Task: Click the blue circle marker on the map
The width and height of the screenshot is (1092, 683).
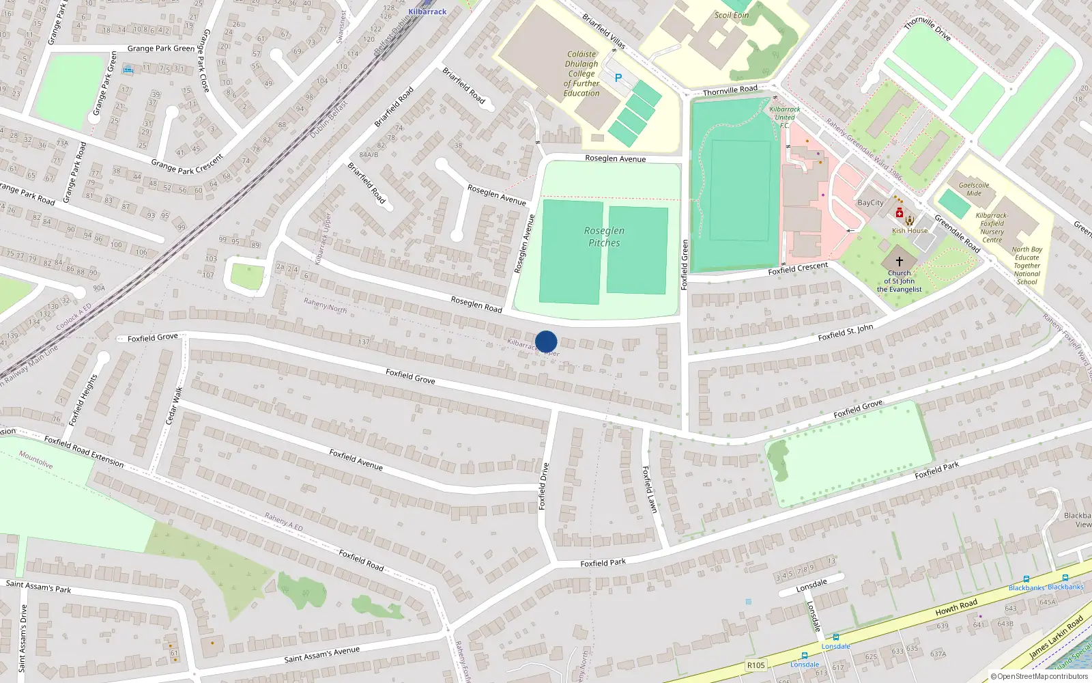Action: [x=546, y=341]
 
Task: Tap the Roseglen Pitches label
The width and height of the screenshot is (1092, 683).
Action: [x=604, y=237]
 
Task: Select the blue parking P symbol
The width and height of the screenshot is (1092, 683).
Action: [x=618, y=78]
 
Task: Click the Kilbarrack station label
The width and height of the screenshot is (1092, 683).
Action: [x=427, y=12]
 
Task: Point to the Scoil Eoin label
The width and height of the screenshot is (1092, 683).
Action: [x=732, y=15]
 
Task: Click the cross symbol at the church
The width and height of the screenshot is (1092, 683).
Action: [x=900, y=262]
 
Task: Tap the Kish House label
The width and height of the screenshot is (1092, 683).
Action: [x=910, y=231]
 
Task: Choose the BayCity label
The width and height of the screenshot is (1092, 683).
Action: [x=870, y=203]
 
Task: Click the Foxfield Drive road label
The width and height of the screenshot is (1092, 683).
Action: [x=544, y=486]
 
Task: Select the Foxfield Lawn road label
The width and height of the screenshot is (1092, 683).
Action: [x=649, y=489]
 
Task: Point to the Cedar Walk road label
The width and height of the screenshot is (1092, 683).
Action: [x=175, y=406]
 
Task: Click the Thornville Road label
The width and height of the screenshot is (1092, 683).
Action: [x=730, y=90]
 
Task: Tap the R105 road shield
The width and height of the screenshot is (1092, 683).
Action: [x=756, y=665]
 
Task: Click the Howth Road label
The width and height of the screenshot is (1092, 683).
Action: [x=956, y=607]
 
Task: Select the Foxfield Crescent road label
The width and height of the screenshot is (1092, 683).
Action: [x=798, y=268]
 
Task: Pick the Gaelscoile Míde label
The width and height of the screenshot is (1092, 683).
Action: [x=974, y=189]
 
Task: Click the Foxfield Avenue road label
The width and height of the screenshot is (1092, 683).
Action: [x=356, y=460]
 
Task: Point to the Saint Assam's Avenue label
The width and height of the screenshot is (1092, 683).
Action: [x=321, y=655]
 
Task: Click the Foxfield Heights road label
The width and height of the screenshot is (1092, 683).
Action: [x=84, y=400]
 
